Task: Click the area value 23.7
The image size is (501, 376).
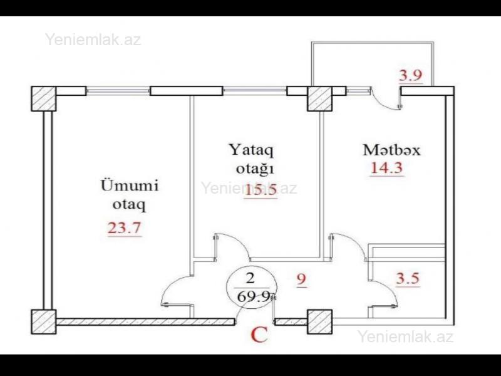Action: coord(124,228)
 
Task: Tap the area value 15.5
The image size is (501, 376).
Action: coord(261,191)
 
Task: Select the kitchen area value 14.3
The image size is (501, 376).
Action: coord(386,168)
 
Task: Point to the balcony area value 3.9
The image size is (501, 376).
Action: coord(411,75)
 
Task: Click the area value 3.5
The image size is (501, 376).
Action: coord(408,278)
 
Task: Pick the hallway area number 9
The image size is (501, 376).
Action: coord(302,279)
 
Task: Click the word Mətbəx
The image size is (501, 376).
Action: coord(391,150)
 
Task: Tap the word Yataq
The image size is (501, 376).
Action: coord(251,150)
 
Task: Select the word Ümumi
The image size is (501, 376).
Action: coord(130,185)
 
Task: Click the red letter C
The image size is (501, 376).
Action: coord(259,335)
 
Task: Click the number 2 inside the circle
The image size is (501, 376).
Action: coord(250,278)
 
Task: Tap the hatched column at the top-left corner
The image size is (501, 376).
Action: coord(43,99)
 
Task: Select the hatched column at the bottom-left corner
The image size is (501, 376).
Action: coord(43,322)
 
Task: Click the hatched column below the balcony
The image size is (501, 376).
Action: coord(320,99)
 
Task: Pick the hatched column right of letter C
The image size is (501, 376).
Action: coord(320,322)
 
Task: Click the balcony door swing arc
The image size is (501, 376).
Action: coord(383,102)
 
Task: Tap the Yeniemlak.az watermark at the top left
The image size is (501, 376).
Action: coord(93,39)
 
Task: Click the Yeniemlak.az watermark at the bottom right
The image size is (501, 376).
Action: coord(405,337)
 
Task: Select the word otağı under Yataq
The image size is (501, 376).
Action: coord(255,169)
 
